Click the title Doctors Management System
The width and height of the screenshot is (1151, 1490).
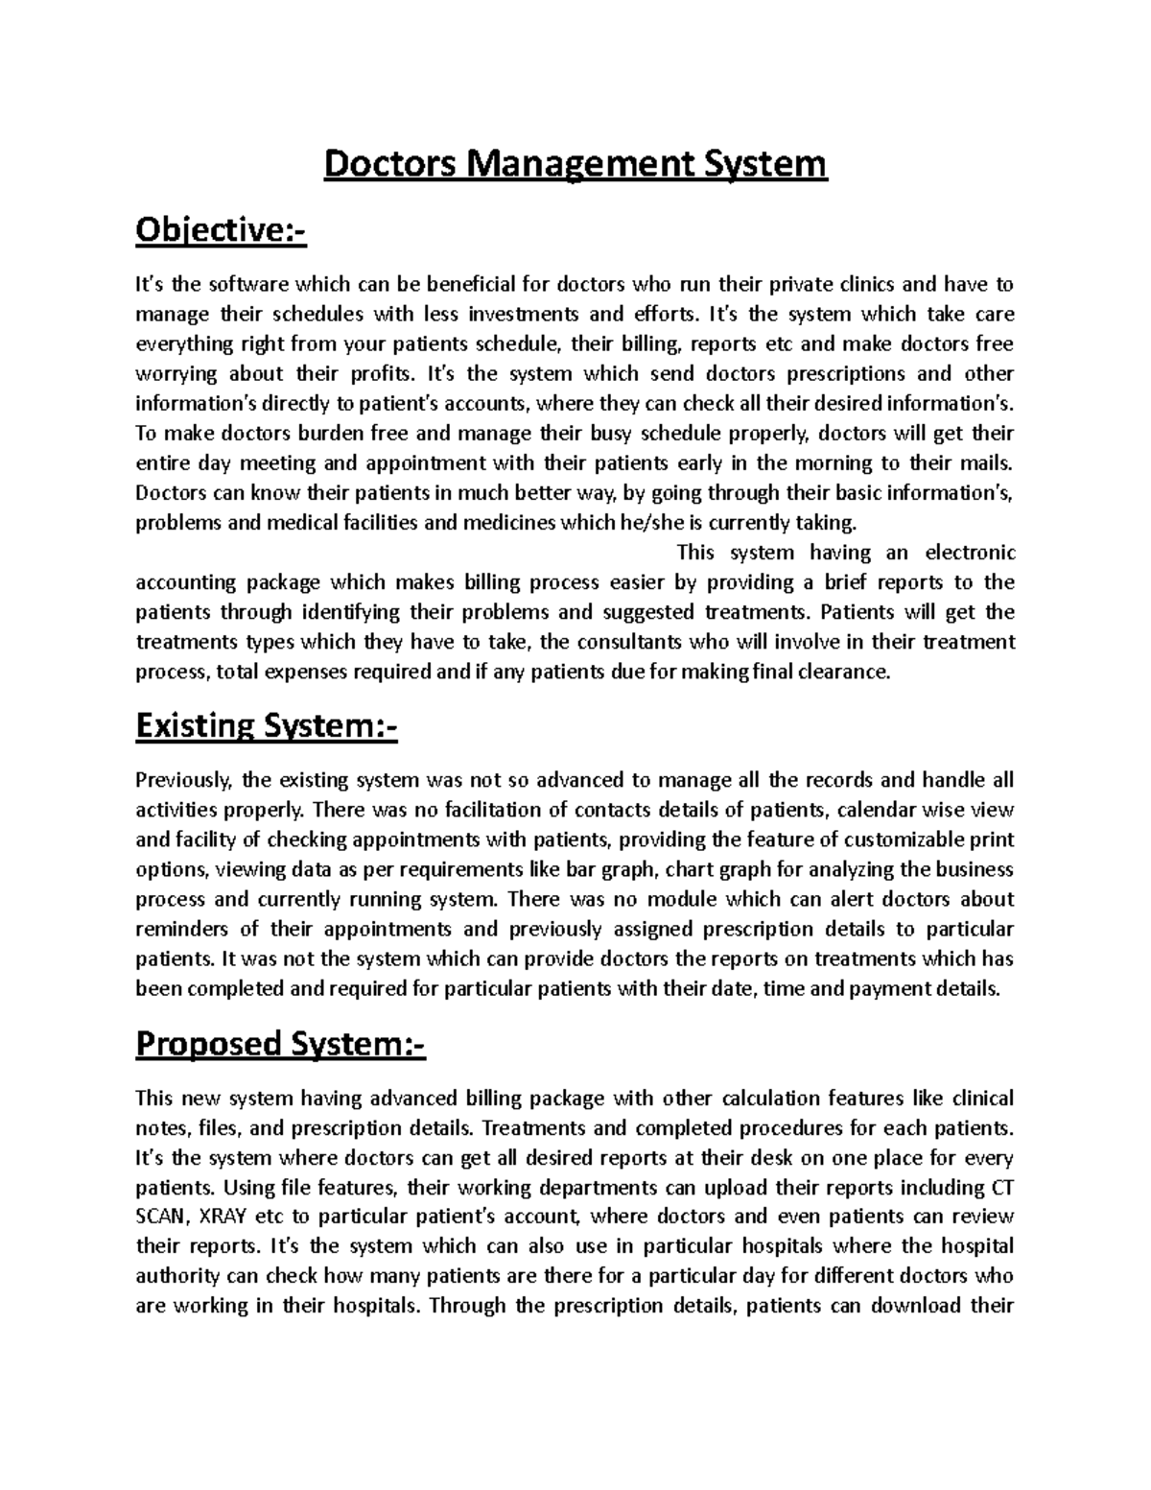coord(575,164)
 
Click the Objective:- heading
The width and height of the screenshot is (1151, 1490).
coord(221,231)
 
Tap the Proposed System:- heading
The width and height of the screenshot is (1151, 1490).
coord(280,1043)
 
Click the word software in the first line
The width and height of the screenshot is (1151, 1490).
coord(249,284)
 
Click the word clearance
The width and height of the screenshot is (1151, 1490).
coord(847,672)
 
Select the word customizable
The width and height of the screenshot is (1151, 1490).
coord(901,840)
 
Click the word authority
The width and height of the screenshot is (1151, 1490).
coord(178,1276)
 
